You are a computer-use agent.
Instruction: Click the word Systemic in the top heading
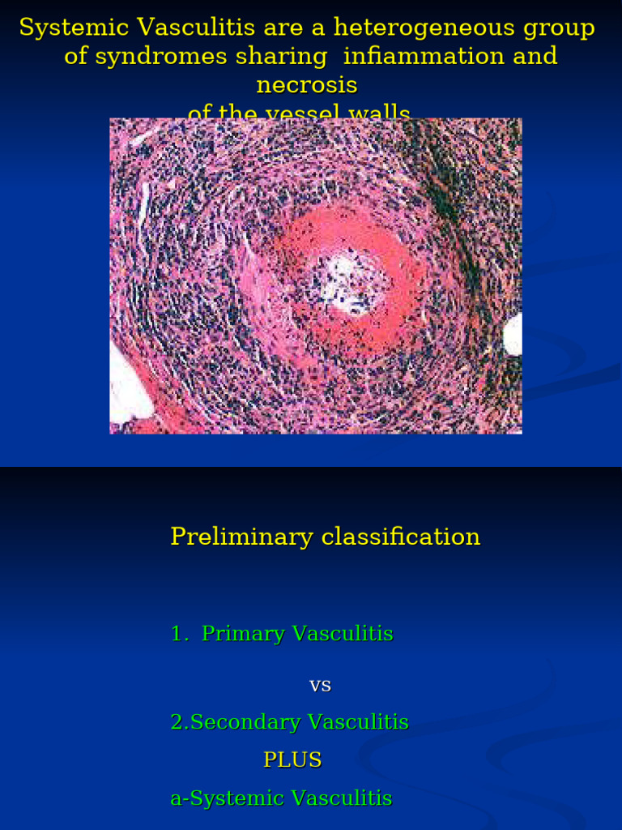click(x=75, y=28)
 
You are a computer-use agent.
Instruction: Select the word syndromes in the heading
click(x=160, y=57)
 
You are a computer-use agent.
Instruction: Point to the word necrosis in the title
click(x=307, y=85)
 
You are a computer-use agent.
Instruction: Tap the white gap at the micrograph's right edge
click(x=513, y=334)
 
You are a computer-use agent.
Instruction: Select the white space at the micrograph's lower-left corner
click(x=126, y=389)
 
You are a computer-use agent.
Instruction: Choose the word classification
click(x=401, y=537)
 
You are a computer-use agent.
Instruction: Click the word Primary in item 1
click(x=243, y=634)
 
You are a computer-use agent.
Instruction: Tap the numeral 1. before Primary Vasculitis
click(x=180, y=634)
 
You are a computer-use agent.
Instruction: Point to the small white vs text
click(x=320, y=686)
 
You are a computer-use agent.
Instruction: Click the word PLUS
click(x=292, y=760)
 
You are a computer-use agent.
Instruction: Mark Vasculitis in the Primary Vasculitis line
click(x=343, y=634)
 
